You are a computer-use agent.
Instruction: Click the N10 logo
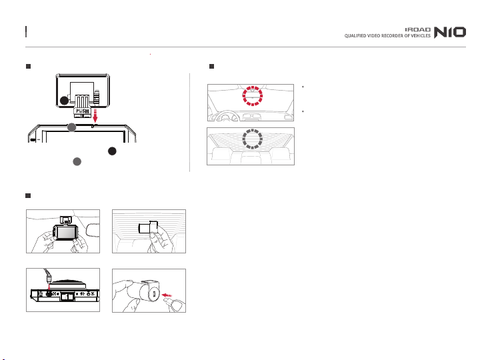(x=449, y=32)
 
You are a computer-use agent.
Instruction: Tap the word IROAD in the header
(x=417, y=29)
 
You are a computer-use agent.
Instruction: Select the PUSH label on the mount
(x=83, y=111)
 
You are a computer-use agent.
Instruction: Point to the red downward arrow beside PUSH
(x=95, y=115)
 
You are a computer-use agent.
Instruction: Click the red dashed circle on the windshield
(x=252, y=96)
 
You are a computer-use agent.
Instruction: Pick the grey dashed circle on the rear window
(x=252, y=139)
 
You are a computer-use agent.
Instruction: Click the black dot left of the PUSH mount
(x=64, y=101)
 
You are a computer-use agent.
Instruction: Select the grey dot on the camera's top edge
(x=71, y=127)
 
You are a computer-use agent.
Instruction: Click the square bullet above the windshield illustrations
(x=211, y=66)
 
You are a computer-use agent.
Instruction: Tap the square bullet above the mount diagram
(x=28, y=66)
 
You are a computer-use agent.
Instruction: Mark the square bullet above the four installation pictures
(x=28, y=195)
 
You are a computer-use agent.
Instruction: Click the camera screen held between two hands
(x=67, y=233)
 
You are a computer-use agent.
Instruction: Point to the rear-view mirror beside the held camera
(x=93, y=229)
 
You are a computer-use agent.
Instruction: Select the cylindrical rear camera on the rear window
(x=148, y=227)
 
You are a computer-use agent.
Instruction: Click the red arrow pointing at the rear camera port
(x=167, y=295)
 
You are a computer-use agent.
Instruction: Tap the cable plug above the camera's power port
(x=48, y=278)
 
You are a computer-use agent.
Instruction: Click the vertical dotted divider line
(x=189, y=123)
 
